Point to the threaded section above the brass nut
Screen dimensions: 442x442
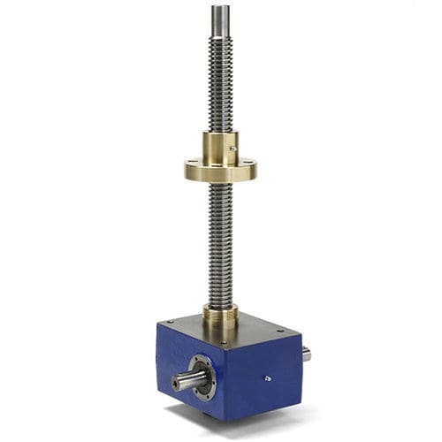coord(220,88)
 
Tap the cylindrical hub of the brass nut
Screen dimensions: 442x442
coord(220,145)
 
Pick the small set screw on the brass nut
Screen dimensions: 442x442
coord(232,148)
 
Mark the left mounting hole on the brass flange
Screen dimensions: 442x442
coord(193,163)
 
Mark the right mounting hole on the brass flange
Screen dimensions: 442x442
coord(249,164)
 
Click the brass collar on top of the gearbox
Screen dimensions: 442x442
coord(220,314)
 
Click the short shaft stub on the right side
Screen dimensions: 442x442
coord(306,354)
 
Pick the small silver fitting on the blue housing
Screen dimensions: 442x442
coord(268,377)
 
